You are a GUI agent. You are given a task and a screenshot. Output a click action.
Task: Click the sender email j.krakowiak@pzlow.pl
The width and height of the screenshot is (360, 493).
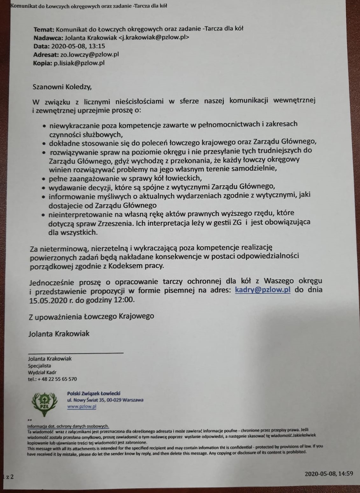click(154, 38)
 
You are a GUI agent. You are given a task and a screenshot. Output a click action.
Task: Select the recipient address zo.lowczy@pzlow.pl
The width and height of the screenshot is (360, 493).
click(89, 54)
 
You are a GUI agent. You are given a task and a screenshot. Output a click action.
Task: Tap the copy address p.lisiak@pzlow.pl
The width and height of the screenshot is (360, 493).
click(79, 63)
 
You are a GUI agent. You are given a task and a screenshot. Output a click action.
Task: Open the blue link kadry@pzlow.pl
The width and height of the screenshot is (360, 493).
click(263, 290)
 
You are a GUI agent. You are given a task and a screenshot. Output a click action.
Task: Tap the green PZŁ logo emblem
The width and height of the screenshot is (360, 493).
click(44, 403)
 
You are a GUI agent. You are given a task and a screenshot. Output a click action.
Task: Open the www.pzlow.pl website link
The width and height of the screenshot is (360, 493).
click(82, 406)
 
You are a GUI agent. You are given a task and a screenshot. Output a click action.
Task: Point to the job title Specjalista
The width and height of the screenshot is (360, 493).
click(39, 366)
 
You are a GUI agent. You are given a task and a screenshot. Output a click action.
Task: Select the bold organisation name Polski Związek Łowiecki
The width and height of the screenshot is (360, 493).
click(94, 393)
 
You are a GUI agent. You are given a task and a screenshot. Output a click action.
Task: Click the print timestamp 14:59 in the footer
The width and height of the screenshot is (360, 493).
click(345, 474)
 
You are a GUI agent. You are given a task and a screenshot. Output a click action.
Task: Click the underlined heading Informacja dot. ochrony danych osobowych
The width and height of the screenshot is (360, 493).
click(68, 426)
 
